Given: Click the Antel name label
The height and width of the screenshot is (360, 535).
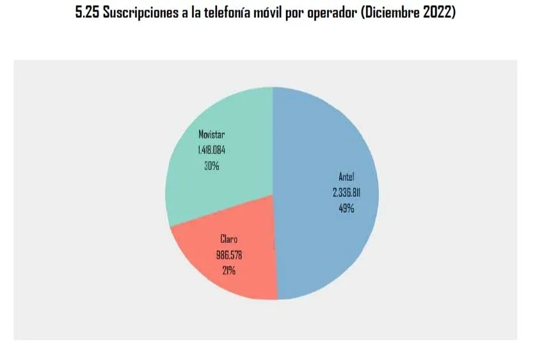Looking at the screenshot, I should tap(346, 178).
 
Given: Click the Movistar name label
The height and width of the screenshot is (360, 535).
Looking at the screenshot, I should tap(212, 136).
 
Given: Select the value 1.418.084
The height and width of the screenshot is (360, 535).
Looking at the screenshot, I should tap(212, 151).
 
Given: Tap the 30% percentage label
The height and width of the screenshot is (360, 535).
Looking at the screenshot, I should tap(212, 166).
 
